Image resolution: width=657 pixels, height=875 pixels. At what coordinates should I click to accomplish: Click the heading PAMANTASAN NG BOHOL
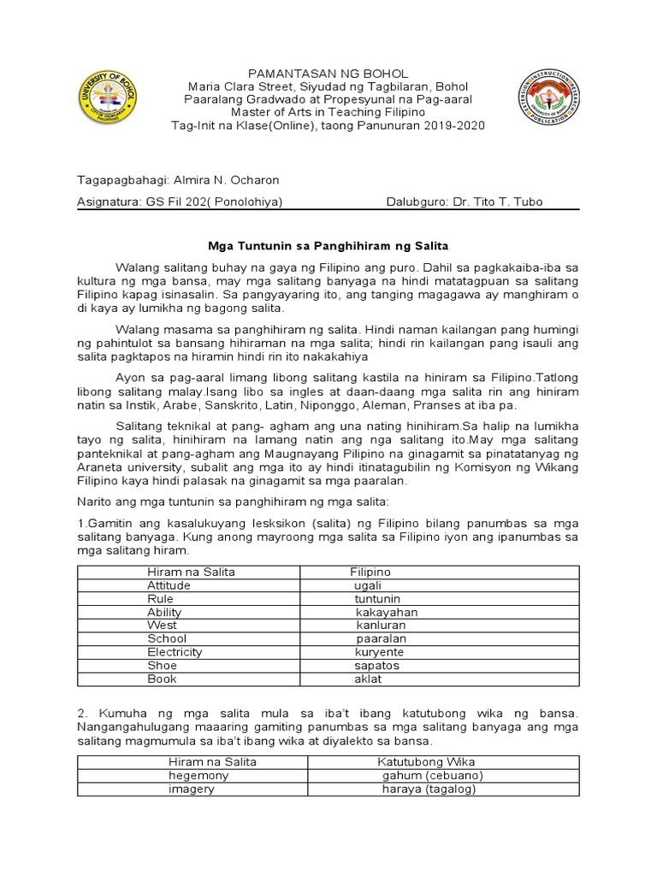tap(328, 73)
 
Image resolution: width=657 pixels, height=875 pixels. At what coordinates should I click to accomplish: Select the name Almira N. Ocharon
tap(226, 180)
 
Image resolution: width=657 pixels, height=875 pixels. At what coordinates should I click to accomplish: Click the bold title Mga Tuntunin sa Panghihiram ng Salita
tap(328, 246)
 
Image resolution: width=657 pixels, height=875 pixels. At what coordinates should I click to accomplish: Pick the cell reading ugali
tap(368, 585)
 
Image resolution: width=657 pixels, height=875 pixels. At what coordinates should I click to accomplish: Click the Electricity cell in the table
tap(175, 652)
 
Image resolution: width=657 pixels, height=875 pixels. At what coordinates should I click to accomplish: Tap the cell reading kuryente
tap(379, 652)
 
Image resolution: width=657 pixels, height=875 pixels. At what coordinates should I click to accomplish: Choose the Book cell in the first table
tap(162, 678)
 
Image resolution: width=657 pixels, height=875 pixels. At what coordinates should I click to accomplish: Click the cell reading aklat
tap(368, 678)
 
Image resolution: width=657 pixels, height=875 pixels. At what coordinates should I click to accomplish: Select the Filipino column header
tap(370, 572)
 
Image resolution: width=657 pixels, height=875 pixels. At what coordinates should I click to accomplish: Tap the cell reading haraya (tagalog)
tap(429, 789)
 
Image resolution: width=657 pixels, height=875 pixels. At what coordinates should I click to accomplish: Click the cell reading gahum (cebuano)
tap(433, 775)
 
